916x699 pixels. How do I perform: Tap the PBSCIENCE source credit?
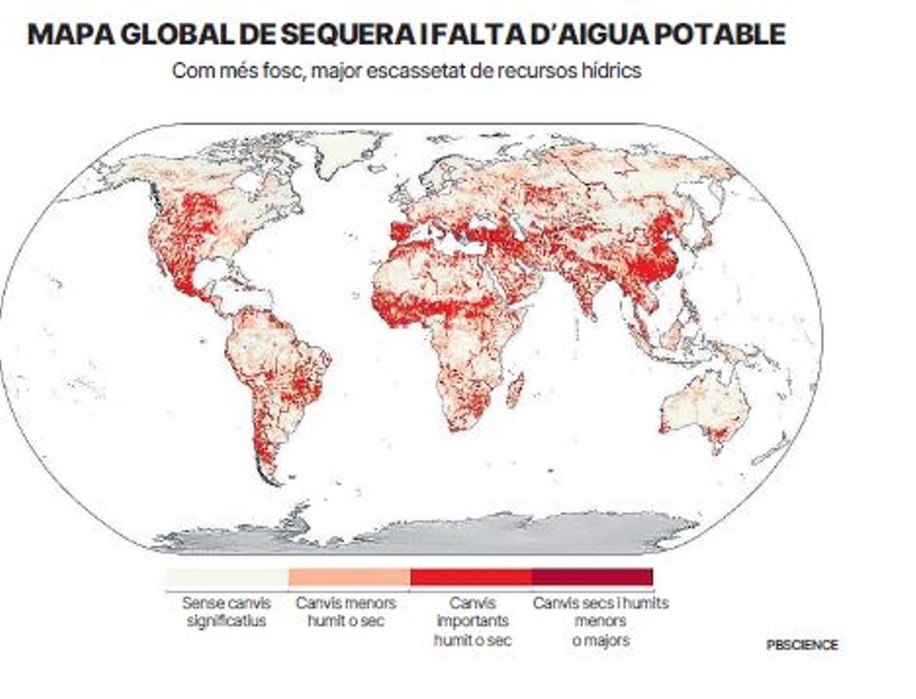coord(801,645)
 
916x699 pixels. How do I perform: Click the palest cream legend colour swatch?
coord(227,577)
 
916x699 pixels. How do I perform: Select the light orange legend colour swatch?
coord(349,577)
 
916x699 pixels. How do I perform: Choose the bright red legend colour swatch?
coord(470,577)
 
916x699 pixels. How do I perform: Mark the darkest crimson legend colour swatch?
coord(592,577)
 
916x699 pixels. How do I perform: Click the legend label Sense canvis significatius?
coord(227,612)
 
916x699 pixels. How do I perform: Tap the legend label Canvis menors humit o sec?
coord(349,612)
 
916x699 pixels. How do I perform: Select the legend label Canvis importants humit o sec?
coord(472,621)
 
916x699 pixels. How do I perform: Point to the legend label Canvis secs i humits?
coord(601,604)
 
